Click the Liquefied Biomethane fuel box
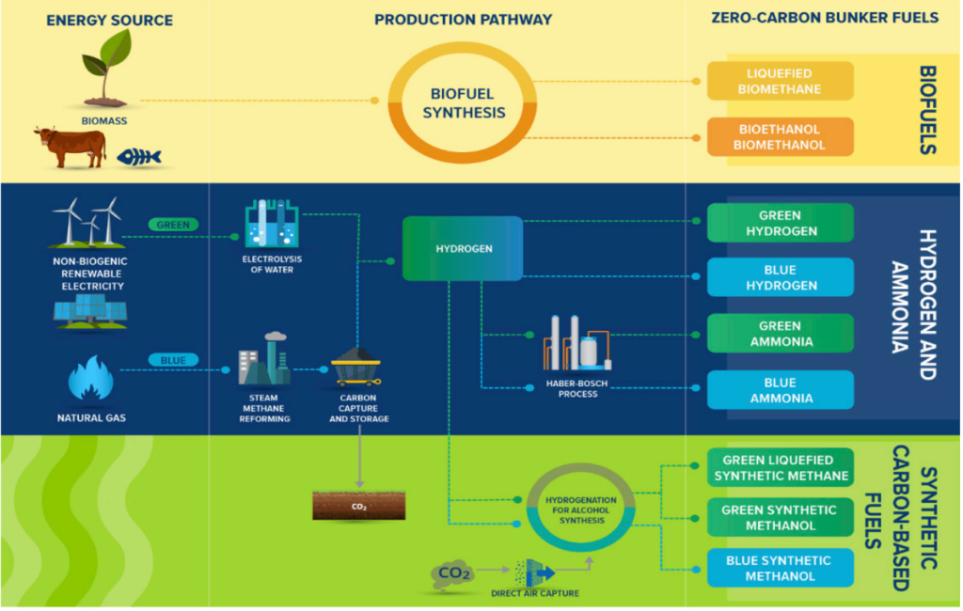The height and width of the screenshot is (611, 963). [x=780, y=81]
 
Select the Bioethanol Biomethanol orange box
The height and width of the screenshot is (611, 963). [x=780, y=136]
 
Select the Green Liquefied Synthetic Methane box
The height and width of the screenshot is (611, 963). [x=780, y=467]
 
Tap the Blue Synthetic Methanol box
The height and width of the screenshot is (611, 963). [x=780, y=568]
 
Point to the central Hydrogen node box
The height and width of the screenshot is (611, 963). [x=462, y=248]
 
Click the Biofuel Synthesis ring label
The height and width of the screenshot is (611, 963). [x=462, y=103]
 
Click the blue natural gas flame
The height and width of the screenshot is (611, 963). [x=91, y=379]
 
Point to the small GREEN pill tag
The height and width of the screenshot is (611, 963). [x=173, y=225]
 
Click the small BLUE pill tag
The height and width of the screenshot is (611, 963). [x=173, y=359]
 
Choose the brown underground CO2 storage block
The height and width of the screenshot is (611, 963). [x=358, y=506]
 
